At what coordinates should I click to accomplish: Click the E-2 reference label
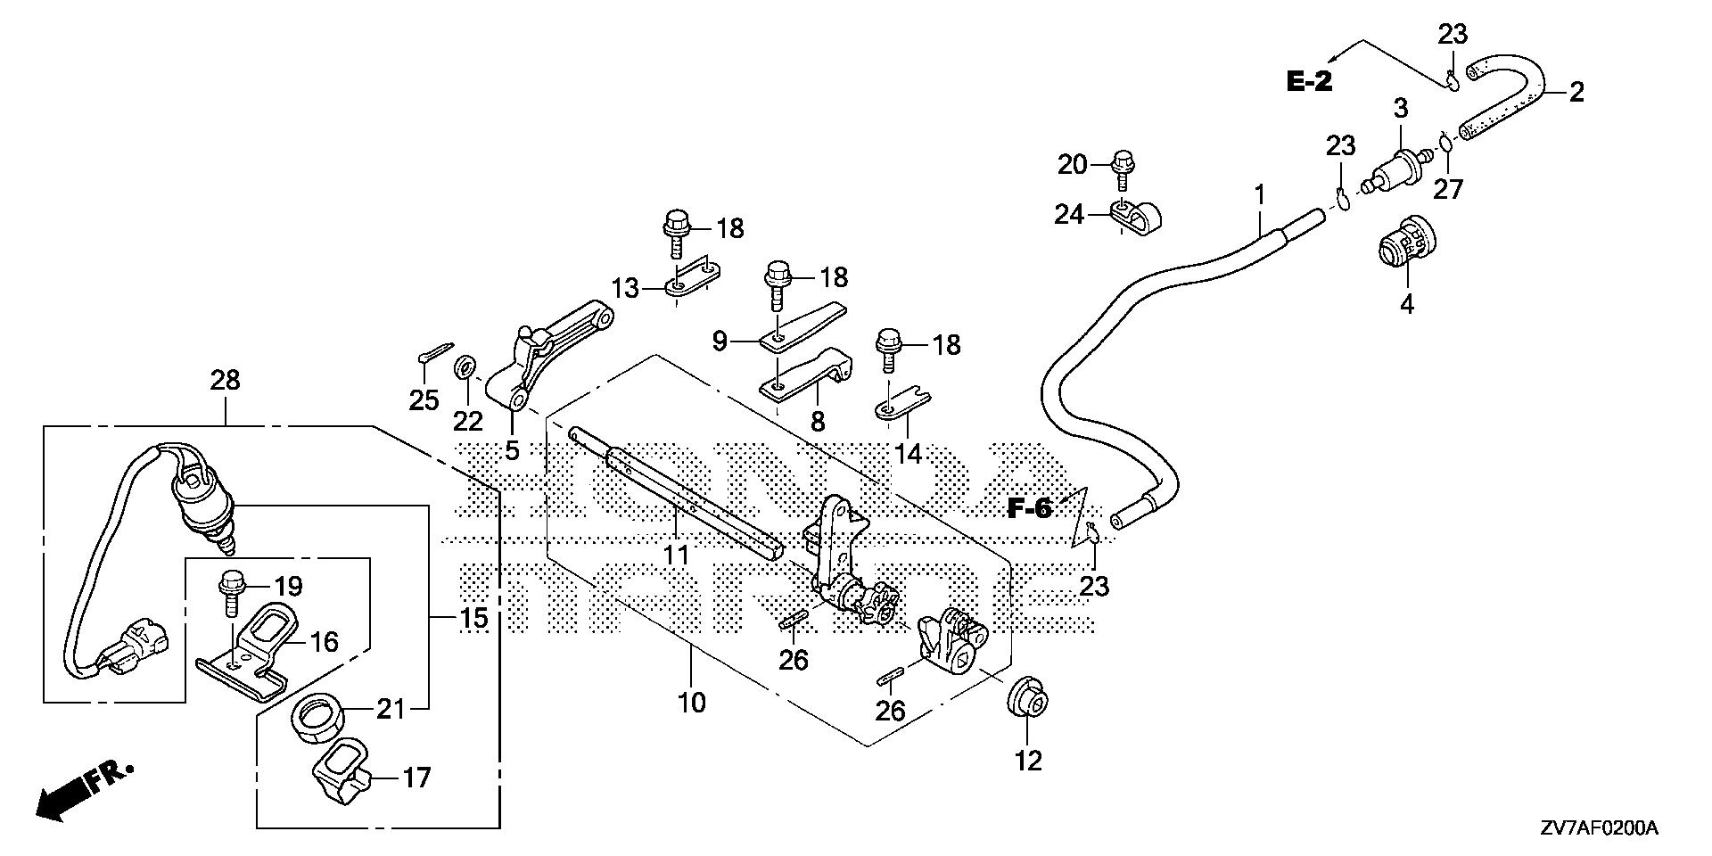[x=1309, y=82]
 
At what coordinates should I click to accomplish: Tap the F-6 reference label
[x=1030, y=509]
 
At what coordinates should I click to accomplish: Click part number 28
[x=225, y=381]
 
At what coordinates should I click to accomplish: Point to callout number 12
[x=1028, y=761]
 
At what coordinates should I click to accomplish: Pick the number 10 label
[x=691, y=703]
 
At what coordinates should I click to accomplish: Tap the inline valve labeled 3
[x=1397, y=167]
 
